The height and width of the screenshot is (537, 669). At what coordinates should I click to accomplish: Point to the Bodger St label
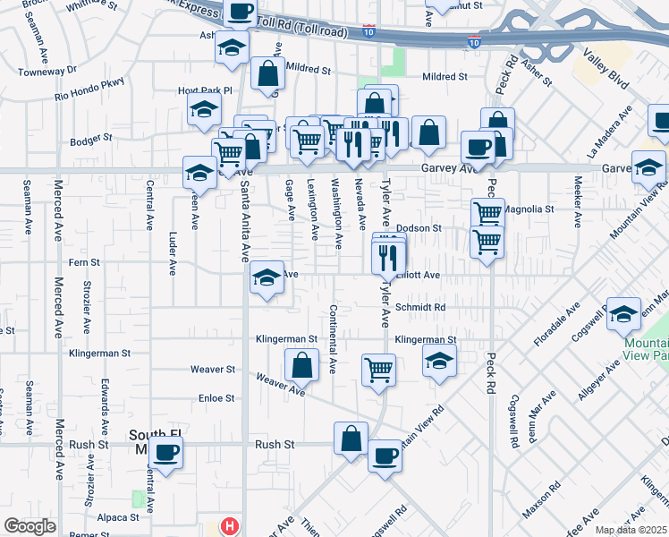(x=90, y=139)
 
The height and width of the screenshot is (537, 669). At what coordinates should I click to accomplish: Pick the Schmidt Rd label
(x=427, y=306)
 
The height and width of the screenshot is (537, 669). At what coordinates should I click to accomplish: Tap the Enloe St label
(x=216, y=398)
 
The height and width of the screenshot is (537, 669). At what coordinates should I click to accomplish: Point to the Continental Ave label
(x=332, y=339)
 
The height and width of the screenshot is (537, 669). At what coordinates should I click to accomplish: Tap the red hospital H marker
(x=230, y=526)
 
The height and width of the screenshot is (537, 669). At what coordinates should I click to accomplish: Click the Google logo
(x=30, y=526)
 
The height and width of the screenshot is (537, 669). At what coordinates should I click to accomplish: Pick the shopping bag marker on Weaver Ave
(x=302, y=364)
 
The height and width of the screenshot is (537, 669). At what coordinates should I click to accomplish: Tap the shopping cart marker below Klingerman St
(x=379, y=369)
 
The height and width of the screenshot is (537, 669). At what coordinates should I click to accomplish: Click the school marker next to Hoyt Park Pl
(x=204, y=109)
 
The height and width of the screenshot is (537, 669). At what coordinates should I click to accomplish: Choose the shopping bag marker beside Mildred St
(x=268, y=74)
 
